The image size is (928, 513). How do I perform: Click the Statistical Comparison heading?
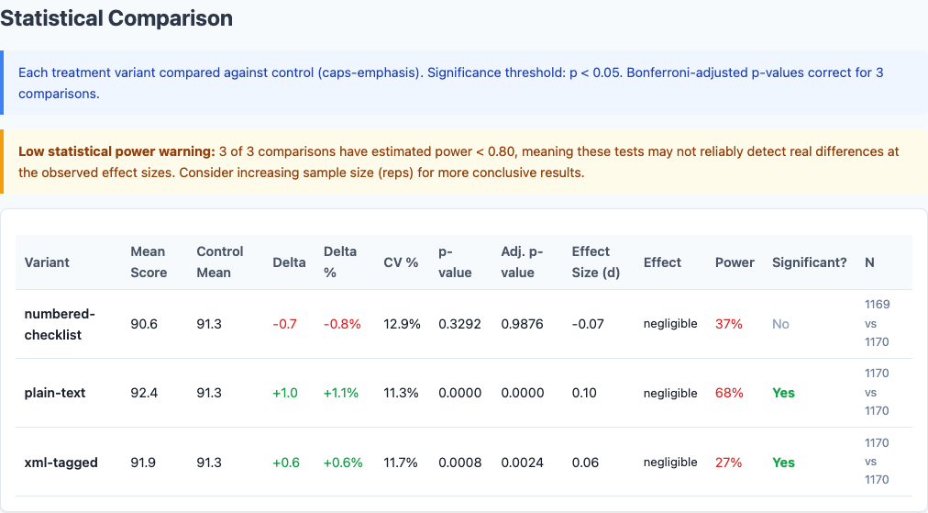click(x=116, y=18)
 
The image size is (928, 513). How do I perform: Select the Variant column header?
click(x=47, y=262)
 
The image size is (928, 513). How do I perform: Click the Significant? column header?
click(x=809, y=262)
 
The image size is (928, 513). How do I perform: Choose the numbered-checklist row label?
click(x=60, y=324)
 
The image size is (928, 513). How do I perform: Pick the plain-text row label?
click(x=55, y=393)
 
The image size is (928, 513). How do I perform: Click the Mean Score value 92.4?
click(x=144, y=393)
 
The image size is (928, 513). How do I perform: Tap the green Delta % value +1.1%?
click(x=340, y=393)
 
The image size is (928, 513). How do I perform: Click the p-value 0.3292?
click(x=459, y=324)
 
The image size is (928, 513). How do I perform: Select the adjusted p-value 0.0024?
click(x=523, y=463)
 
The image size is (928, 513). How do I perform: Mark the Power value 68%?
click(x=729, y=393)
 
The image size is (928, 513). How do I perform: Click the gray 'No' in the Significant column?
click(x=780, y=324)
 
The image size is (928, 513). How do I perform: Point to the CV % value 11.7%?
click(x=401, y=463)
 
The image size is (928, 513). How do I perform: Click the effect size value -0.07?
click(x=588, y=324)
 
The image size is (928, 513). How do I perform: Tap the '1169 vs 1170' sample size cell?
click(x=877, y=323)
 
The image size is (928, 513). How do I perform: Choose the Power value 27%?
click(x=729, y=463)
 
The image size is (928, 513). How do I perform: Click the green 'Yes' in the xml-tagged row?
click(x=783, y=463)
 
